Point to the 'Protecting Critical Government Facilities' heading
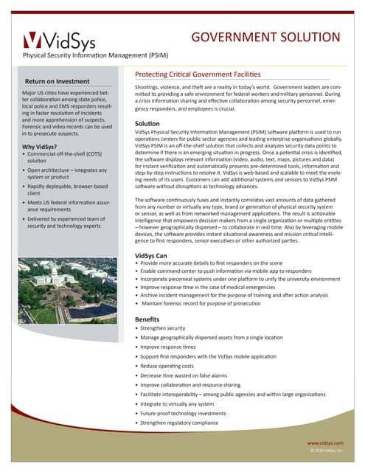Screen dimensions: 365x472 point(198,74)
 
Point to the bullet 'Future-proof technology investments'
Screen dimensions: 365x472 point(188,414)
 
